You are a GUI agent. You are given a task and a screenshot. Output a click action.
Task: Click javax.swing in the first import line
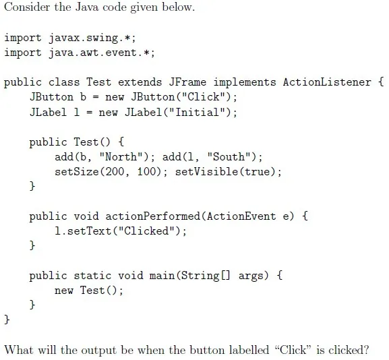click(83, 38)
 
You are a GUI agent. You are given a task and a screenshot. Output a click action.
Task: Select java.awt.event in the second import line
click(92, 53)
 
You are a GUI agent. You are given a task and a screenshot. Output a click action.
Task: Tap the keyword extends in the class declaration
click(140, 82)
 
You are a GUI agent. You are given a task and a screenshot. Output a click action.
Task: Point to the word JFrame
click(187, 82)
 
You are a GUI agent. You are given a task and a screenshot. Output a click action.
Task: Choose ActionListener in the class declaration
click(327, 82)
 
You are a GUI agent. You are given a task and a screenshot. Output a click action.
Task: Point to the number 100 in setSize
click(146, 172)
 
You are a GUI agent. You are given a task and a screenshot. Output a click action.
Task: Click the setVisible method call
click(229, 172)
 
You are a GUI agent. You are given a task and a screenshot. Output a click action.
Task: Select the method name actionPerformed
click(152, 216)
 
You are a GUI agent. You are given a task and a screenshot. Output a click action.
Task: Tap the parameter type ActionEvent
click(241, 216)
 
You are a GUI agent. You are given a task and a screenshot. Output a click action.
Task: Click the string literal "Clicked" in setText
click(146, 231)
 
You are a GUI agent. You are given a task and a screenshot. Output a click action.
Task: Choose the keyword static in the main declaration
click(92, 276)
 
